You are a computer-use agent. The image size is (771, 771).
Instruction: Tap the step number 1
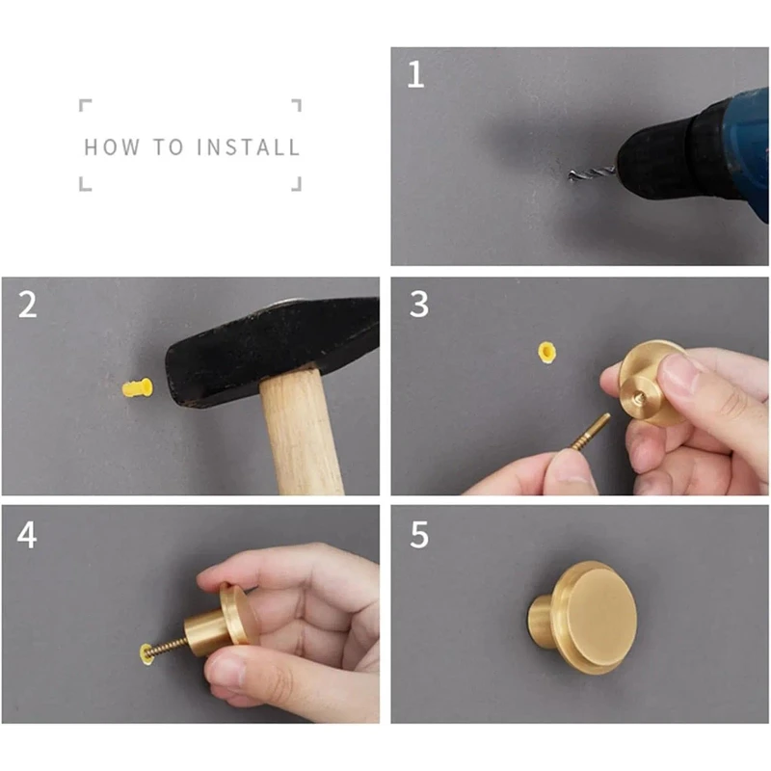coord(415,74)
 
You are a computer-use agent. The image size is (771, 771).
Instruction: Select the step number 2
coord(28,305)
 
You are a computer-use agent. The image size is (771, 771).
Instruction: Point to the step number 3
coord(419,304)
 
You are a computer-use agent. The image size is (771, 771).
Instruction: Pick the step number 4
coord(27,535)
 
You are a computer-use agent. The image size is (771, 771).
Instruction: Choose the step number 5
coord(419,535)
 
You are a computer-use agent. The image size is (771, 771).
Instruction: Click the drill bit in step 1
coord(592,173)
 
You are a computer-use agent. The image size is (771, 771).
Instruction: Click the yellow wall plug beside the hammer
coord(137,388)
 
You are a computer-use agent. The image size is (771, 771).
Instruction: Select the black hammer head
coord(272,350)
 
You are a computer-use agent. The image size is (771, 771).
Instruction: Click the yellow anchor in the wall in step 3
coord(546,352)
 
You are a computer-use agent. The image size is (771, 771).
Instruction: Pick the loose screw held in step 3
coord(590,432)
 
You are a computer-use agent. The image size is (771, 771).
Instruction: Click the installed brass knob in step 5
coord(583,617)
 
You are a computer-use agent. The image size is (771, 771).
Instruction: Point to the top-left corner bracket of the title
coord(85,105)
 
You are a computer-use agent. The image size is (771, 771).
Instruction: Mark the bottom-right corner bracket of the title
coord(296,184)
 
